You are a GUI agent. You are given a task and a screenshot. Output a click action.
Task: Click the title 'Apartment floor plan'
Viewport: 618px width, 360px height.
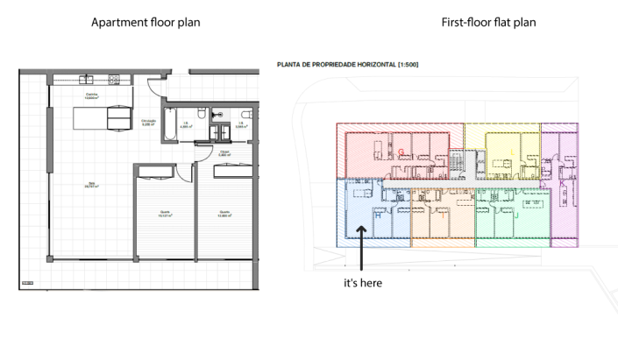point(146,21)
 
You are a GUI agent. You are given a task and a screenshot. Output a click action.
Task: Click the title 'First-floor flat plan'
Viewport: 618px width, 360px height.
point(488,21)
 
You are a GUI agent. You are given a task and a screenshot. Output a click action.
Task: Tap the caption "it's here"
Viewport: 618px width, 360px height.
point(362,283)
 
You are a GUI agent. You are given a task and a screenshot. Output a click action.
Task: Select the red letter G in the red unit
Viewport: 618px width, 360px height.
point(401,152)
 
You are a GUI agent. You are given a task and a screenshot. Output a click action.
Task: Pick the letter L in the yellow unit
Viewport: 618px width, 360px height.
point(512,152)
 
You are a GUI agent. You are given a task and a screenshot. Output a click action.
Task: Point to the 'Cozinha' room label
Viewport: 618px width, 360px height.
point(90,94)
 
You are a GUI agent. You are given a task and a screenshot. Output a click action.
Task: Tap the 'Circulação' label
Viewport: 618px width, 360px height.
point(150,123)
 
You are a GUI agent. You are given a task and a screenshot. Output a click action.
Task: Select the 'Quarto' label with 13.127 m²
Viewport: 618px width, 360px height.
point(164,212)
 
